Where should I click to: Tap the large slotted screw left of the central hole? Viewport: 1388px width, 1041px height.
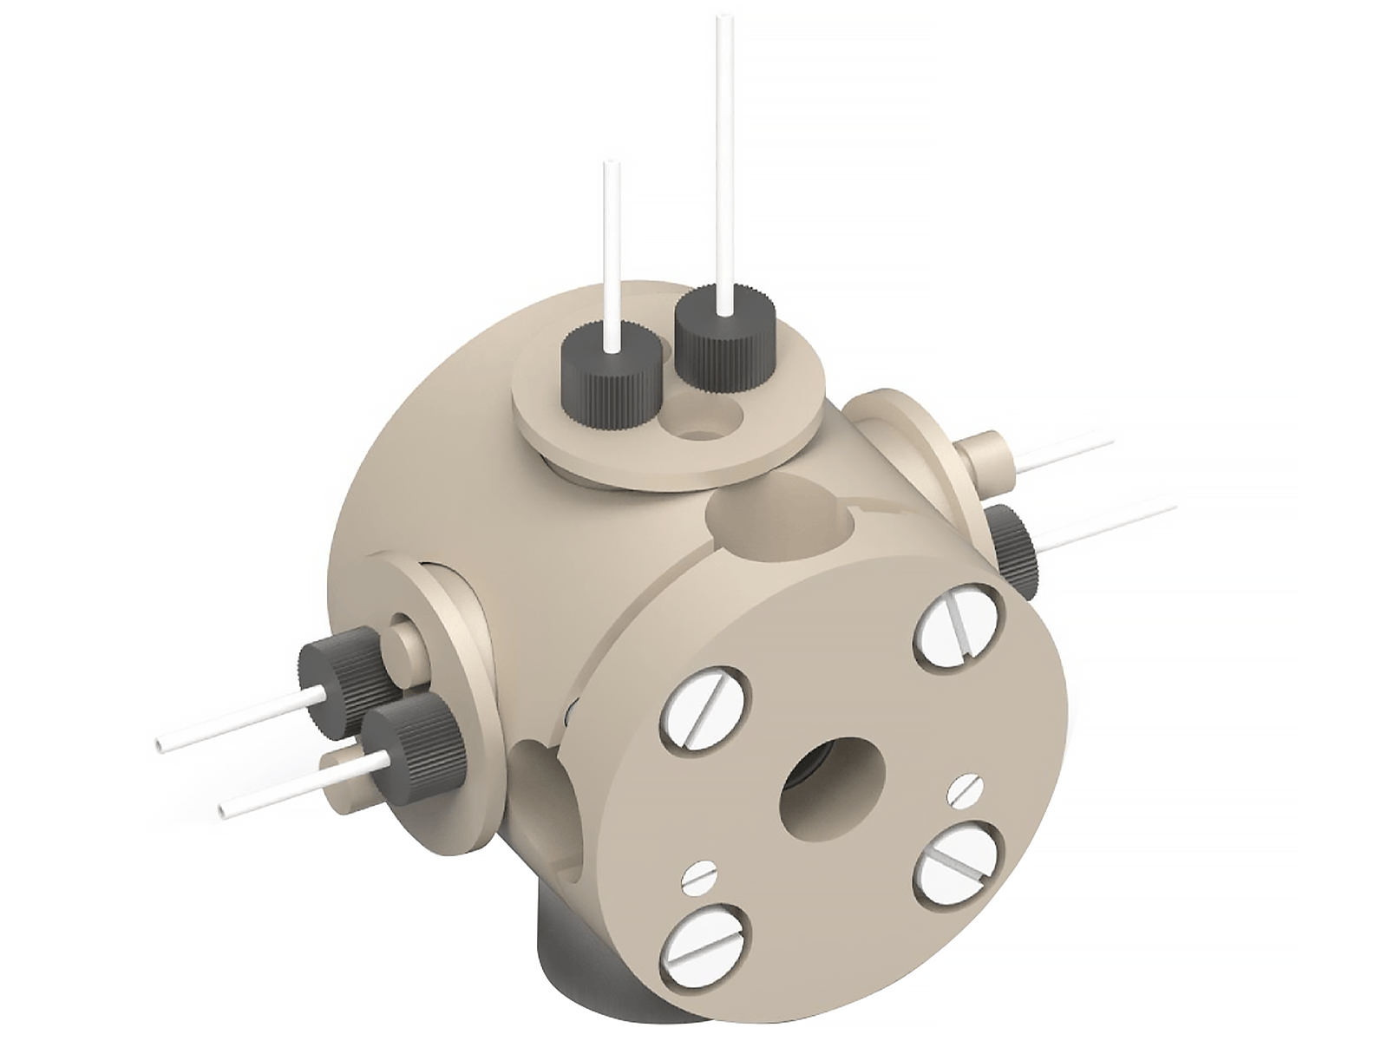[704, 710]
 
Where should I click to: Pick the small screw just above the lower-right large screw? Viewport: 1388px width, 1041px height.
[965, 789]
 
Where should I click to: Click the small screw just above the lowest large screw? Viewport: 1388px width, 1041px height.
[699, 878]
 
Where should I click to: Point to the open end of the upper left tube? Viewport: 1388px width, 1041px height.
[160, 744]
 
